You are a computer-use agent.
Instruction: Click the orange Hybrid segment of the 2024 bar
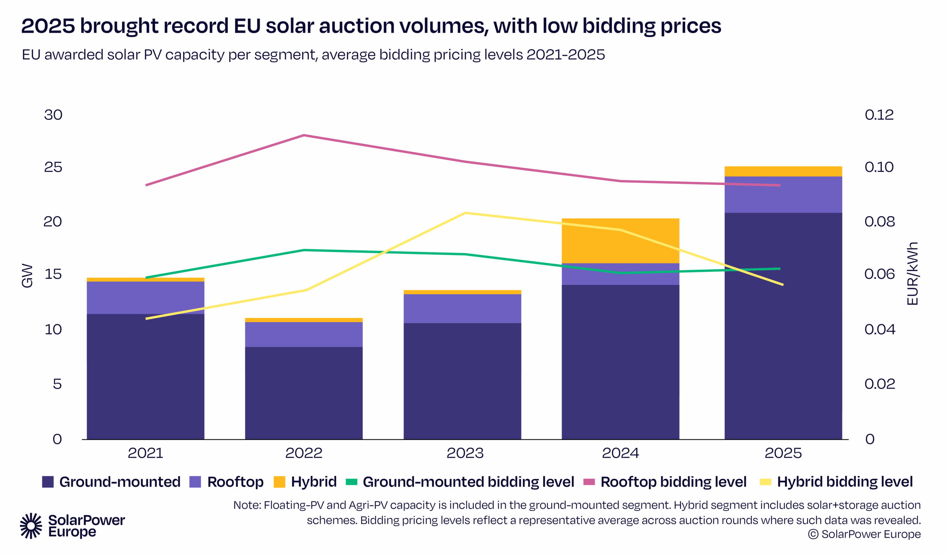[620, 241]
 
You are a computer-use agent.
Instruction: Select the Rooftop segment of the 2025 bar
[783, 195]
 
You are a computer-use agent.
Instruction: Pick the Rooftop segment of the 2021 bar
[145, 297]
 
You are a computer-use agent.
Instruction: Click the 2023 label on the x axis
[465, 453]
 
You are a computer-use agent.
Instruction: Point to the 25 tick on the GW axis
[53, 167]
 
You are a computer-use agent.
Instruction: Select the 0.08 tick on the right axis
[879, 221]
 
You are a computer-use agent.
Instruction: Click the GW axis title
[27, 276]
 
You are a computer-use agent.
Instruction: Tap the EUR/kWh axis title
[912, 274]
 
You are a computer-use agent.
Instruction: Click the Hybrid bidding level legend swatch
[765, 482]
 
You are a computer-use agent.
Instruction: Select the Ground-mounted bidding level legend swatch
[351, 482]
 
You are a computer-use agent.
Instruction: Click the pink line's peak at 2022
[304, 135]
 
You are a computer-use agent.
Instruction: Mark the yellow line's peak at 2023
[466, 213]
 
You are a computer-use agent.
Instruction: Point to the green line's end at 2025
[780, 269]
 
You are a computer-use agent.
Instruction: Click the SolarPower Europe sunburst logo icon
[31, 525]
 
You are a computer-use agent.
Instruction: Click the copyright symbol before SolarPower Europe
[813, 534]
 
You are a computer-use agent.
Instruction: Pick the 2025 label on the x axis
[783, 453]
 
